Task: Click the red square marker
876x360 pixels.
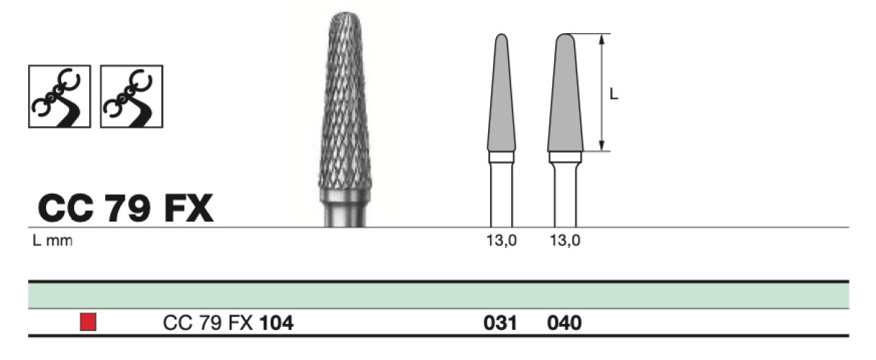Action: click(x=88, y=322)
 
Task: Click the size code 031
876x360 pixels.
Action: click(x=500, y=323)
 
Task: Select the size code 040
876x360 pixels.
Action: click(x=564, y=323)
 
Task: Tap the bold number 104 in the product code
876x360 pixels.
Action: click(x=276, y=323)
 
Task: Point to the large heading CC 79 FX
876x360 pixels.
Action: click(x=125, y=208)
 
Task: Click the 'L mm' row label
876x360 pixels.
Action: click(x=53, y=240)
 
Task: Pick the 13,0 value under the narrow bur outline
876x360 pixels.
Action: click(x=502, y=240)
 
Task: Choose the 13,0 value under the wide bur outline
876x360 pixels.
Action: click(x=565, y=240)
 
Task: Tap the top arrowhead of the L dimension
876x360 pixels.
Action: click(x=602, y=38)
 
